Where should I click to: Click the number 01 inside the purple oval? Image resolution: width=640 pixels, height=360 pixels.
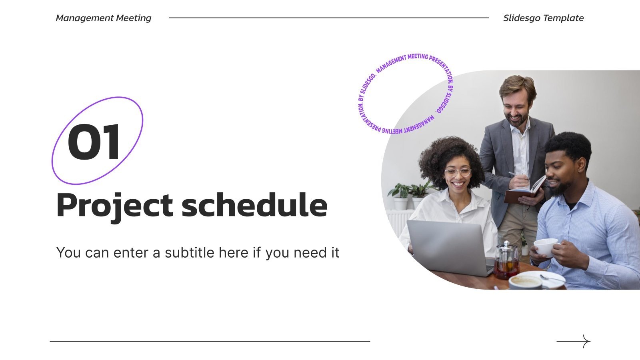(94, 142)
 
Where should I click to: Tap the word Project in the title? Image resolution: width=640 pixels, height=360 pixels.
(114, 205)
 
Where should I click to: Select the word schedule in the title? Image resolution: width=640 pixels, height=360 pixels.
(254, 205)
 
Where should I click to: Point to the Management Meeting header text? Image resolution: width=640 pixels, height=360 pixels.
(103, 18)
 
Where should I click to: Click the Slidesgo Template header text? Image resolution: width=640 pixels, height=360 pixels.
(543, 18)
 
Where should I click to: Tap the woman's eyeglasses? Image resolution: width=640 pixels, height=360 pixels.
(458, 172)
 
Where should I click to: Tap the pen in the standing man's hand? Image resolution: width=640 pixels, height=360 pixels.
(513, 174)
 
